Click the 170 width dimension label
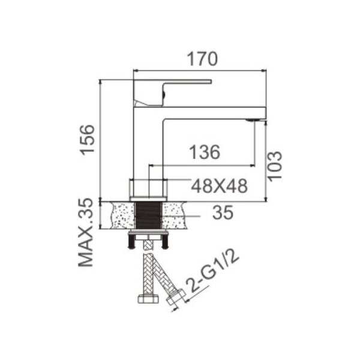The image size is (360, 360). click(202, 59)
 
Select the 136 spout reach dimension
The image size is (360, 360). click(205, 152)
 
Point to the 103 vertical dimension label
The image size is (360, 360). click(275, 166)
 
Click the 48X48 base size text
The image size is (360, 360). click(220, 186)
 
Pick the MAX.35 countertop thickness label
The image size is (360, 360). click(86, 233)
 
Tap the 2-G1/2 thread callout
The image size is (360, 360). click(212, 272)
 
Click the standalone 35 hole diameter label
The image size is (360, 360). click(223, 212)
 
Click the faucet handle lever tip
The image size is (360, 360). click(211, 82)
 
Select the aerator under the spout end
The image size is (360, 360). click(252, 120)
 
